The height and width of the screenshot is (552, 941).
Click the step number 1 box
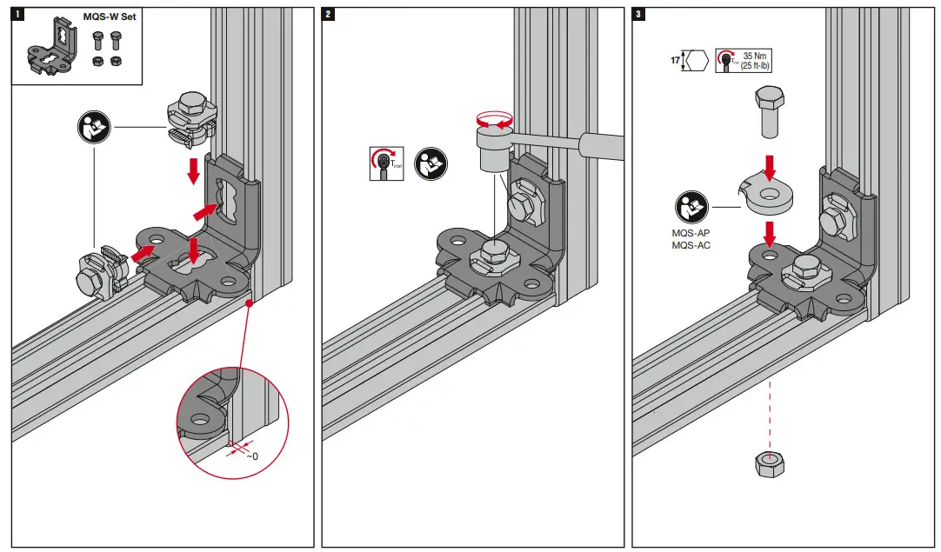point(17,15)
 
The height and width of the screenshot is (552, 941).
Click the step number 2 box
point(328,15)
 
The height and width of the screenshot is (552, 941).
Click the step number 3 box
point(639,15)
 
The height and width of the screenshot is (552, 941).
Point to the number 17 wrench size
point(675,62)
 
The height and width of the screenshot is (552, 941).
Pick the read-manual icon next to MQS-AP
point(692,207)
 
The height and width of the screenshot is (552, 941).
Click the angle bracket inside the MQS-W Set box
point(49,50)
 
